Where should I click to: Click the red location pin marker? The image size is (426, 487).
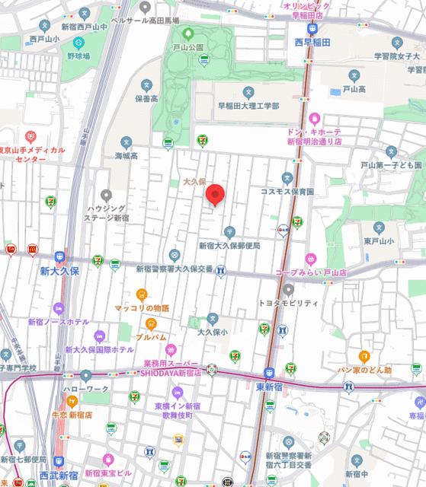216,196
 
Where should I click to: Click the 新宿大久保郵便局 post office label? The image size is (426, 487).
229,246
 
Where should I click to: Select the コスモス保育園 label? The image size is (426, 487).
288,192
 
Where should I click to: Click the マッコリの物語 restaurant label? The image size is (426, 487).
143,308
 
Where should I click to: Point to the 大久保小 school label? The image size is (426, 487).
213,332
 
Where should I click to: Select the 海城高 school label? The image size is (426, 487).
127,156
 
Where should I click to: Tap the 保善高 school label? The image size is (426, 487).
147,98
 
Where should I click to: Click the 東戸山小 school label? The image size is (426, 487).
377,242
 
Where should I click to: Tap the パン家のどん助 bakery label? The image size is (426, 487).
365,370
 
